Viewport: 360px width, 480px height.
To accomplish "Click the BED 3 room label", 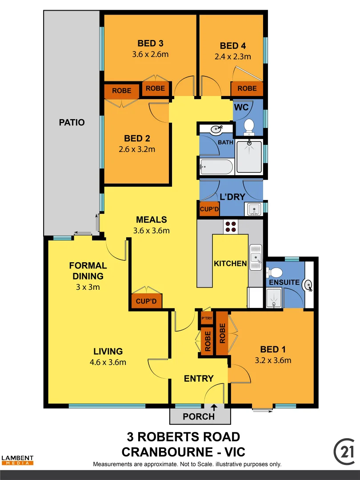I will [x=150, y=44].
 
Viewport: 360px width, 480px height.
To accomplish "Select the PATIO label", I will [x=72, y=122].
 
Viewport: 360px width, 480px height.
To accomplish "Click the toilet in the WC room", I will [x=249, y=126].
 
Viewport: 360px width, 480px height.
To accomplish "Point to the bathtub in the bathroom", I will [x=216, y=168].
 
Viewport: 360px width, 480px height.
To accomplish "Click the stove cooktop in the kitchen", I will [x=231, y=227].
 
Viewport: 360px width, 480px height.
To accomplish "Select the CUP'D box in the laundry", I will [x=209, y=209].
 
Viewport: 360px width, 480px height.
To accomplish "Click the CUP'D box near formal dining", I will [x=147, y=301].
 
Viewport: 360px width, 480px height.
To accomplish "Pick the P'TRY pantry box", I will [x=207, y=318].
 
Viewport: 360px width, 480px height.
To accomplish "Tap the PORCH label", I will [x=199, y=416].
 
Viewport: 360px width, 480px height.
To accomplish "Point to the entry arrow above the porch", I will [x=214, y=407].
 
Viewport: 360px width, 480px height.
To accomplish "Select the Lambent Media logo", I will [x=17, y=460].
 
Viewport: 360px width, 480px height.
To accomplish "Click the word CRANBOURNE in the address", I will [x=167, y=452].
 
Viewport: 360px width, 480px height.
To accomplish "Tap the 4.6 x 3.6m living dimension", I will [x=108, y=362].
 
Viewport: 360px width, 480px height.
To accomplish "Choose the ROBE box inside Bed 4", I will [x=247, y=88].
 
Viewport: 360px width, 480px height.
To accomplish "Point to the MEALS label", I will [x=152, y=220].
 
